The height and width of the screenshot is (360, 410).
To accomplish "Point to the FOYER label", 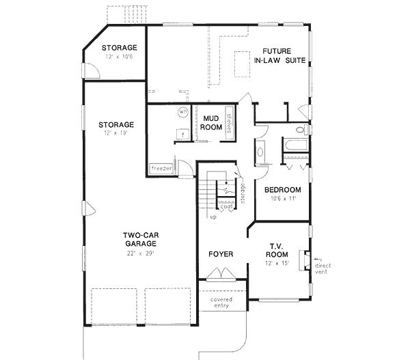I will pos(221,254).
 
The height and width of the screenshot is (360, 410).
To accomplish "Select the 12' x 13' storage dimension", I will pos(115,134).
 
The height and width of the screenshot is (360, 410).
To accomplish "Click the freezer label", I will pos(161,168).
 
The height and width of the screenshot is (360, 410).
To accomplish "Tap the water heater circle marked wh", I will pos(183,111).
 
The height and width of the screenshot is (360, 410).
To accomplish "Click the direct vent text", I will pos(323,268).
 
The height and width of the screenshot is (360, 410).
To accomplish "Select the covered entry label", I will pos(220,302).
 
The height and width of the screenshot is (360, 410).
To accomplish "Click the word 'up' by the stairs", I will pos(213,217).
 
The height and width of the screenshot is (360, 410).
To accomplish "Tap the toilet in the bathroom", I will pos(300,129).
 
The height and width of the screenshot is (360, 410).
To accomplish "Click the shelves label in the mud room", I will pos(231,120).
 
